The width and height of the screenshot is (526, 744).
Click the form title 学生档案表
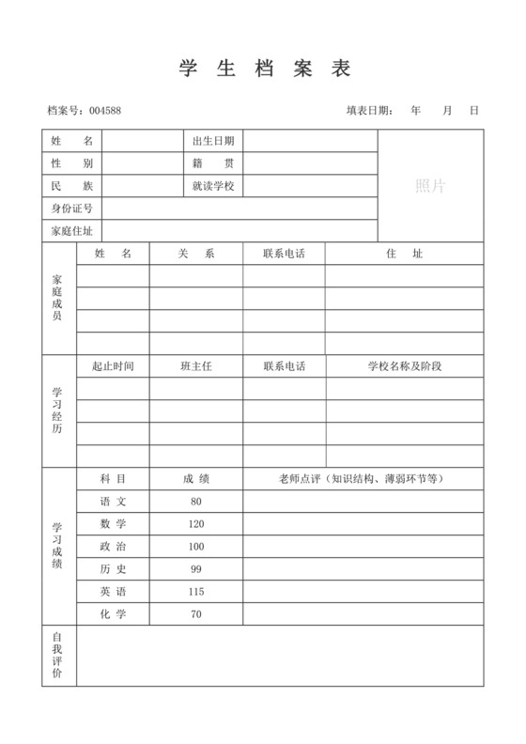pos(263,69)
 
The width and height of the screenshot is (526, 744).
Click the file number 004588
pos(105,111)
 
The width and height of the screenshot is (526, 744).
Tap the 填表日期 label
pos(369,111)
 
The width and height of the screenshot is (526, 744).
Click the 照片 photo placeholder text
pos(430,186)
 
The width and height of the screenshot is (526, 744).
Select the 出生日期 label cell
pos(213,141)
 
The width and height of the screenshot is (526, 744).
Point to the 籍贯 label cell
pos(213,163)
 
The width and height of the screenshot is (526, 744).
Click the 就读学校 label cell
pos(213,186)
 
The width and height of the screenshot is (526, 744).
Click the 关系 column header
pos(196,254)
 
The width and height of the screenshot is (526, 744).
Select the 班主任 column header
pos(196,366)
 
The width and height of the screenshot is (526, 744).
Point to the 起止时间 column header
pos(113,366)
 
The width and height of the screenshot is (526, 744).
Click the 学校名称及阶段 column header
pos(404,366)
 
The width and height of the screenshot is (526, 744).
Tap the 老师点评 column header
pos(363,479)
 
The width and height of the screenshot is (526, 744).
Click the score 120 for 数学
pos(196,524)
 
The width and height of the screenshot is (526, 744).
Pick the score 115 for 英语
pos(196,592)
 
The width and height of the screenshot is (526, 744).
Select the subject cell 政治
pos(113,547)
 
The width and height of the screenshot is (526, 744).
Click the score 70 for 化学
pos(196,614)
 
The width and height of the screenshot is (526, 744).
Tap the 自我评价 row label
pos(58,656)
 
